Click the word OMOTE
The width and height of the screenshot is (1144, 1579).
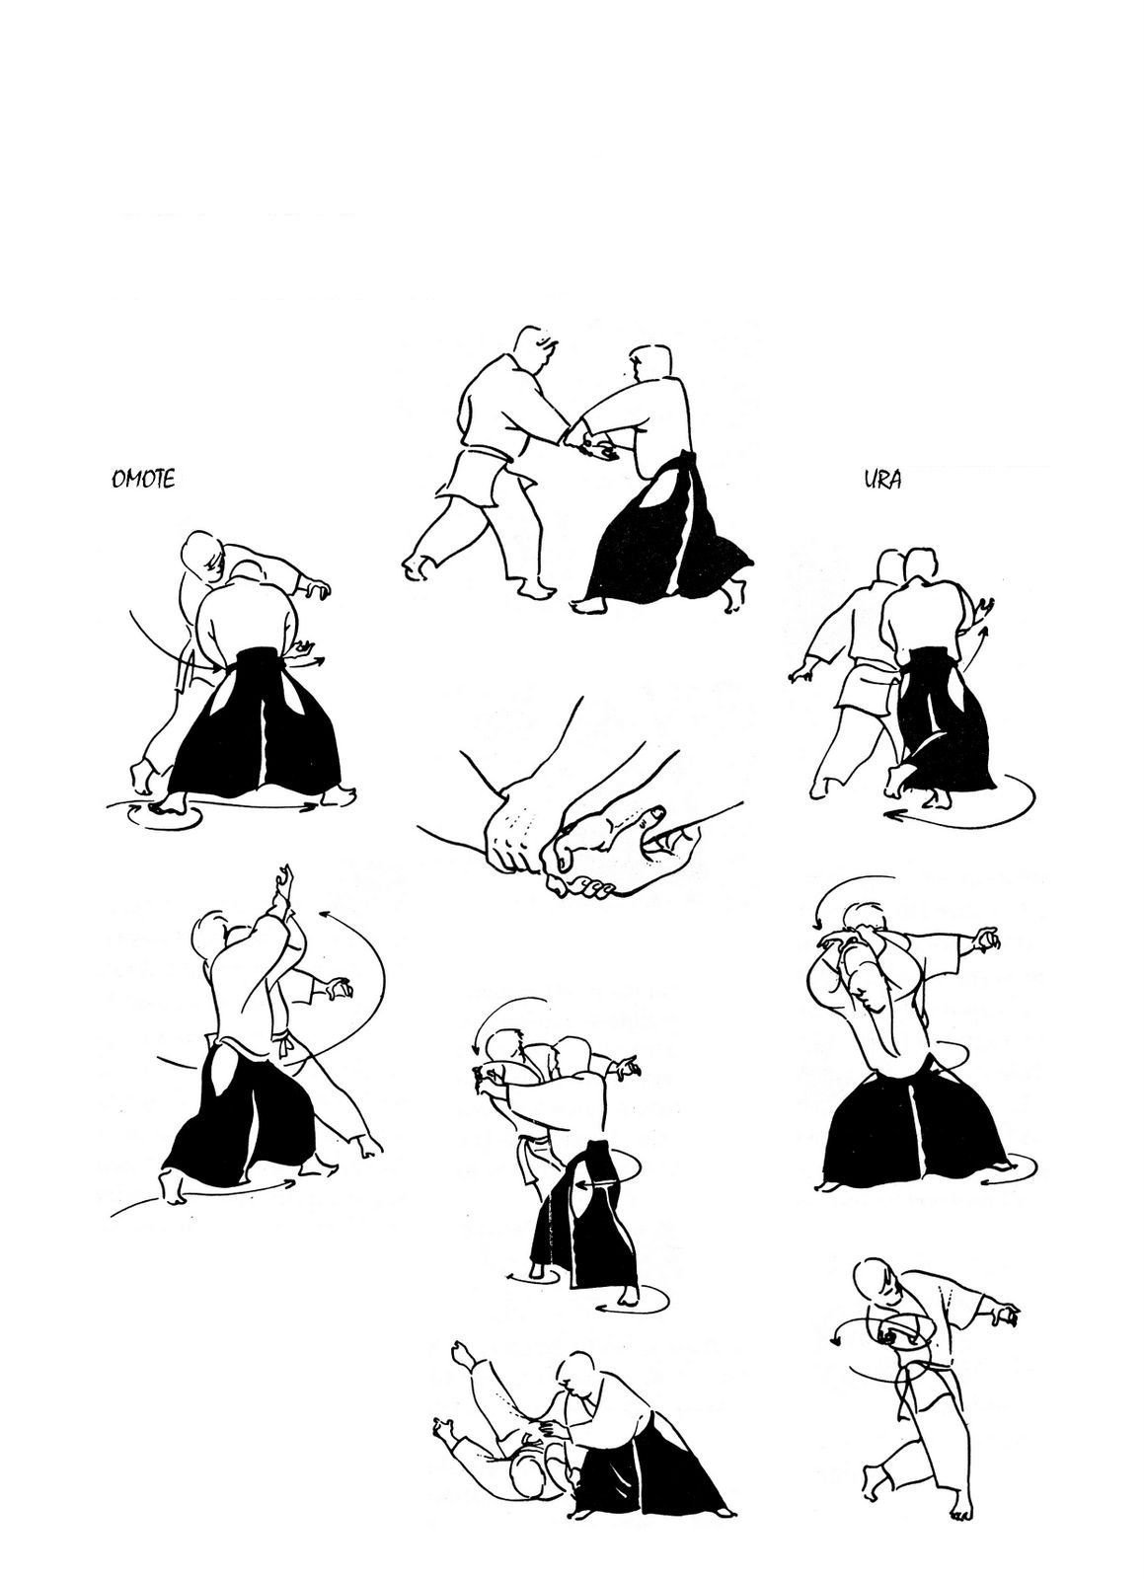[x=143, y=480]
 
